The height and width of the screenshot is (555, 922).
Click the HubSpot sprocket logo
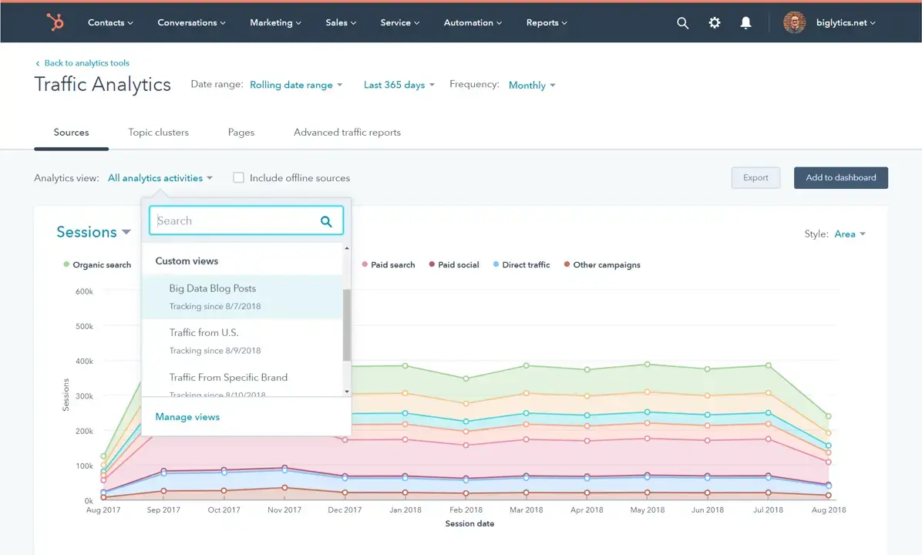click(x=56, y=22)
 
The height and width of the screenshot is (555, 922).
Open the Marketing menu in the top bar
click(x=276, y=22)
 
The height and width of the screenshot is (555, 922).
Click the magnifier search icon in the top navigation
click(x=682, y=23)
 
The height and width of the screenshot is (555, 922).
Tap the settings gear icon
click(x=715, y=23)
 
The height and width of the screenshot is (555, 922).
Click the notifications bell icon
click(x=745, y=23)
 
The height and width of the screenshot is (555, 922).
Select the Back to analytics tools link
click(x=86, y=63)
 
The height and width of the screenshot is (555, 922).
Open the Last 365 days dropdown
click(x=399, y=85)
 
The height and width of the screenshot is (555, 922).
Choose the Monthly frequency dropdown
click(x=531, y=86)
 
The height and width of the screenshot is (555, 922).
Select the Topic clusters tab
click(x=158, y=133)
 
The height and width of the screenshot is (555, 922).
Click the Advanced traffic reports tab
click(x=347, y=133)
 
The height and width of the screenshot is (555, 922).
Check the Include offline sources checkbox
click(x=239, y=178)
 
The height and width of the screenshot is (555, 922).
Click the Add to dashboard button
click(x=840, y=178)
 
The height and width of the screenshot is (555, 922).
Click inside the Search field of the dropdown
click(x=235, y=221)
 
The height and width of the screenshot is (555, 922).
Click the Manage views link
click(x=187, y=417)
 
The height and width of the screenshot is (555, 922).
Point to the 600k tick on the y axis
click(x=84, y=291)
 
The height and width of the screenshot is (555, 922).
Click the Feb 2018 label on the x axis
click(x=465, y=510)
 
